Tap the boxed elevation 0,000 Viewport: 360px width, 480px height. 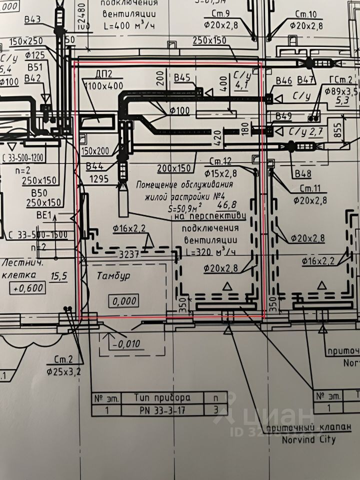[x=123, y=301]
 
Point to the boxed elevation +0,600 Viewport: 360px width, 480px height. [x=28, y=288]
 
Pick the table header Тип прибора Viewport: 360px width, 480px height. [x=162, y=397]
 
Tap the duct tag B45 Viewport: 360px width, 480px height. [x=183, y=77]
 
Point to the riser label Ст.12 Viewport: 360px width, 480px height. [x=221, y=161]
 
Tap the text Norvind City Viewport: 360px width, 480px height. [x=309, y=440]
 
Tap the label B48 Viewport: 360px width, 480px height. [x=302, y=175]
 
